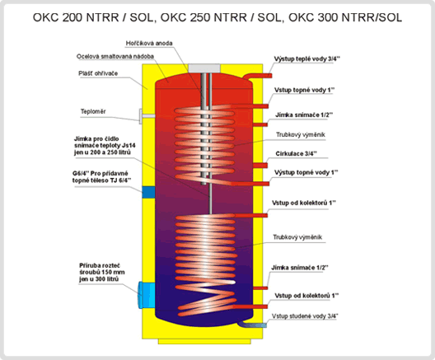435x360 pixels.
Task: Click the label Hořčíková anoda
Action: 149,44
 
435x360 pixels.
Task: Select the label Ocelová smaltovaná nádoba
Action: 115,56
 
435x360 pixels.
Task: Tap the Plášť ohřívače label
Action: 98,73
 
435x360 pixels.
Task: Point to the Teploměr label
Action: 93,111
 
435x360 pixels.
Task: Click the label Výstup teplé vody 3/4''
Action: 307,58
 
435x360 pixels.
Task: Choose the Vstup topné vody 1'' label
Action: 305,90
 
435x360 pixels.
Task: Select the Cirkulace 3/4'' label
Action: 297,154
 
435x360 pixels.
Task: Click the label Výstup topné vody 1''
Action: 306,172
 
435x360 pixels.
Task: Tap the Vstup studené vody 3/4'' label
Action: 305,316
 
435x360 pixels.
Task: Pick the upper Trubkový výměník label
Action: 301,135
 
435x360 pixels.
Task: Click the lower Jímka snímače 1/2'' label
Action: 300,268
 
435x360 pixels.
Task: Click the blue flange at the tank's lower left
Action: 146,295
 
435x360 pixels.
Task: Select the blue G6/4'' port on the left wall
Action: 148,193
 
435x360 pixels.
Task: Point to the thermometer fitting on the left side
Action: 147,116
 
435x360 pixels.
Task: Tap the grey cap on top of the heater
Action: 204,68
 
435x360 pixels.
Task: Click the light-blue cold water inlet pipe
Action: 252,325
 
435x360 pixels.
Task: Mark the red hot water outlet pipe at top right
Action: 256,76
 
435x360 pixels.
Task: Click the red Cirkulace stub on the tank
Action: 260,166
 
